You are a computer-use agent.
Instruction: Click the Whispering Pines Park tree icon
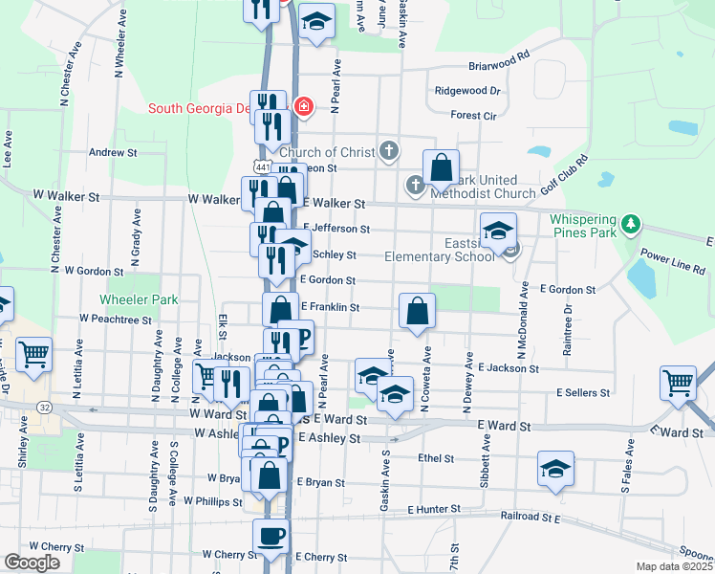click(629, 225)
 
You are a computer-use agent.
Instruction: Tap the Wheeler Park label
click(145, 299)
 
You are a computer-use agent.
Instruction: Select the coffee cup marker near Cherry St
click(271, 536)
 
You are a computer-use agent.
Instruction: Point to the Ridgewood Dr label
click(467, 91)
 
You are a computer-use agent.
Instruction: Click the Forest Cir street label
click(474, 115)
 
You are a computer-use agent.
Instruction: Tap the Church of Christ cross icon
click(388, 150)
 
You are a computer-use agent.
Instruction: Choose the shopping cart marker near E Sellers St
click(678, 383)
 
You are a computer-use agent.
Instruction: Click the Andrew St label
click(113, 152)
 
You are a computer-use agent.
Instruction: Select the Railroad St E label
click(530, 518)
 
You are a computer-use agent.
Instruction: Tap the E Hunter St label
click(434, 511)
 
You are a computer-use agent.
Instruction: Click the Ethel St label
click(436, 458)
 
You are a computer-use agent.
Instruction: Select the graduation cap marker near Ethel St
click(555, 468)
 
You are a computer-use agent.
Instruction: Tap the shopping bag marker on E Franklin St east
click(417, 310)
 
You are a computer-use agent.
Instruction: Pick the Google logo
click(32, 562)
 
